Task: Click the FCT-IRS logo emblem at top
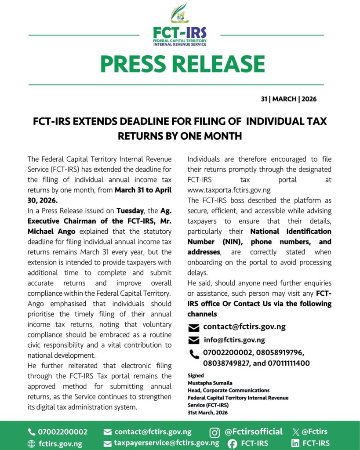pyautogui.click(x=179, y=13)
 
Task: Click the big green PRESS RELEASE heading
pyautogui.click(x=182, y=64)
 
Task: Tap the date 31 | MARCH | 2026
pyautogui.click(x=288, y=99)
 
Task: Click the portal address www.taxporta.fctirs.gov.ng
pyautogui.click(x=229, y=190)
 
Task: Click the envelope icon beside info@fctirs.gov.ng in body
pyautogui.click(x=193, y=340)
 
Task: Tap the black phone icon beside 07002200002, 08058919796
pyautogui.click(x=194, y=353)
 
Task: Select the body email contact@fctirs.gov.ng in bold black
pyautogui.click(x=244, y=327)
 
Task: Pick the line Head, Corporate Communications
pyautogui.click(x=229, y=390)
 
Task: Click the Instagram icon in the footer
pyautogui.click(x=215, y=432)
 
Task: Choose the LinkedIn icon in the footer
pyautogui.click(x=296, y=443)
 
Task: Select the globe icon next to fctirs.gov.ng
pyautogui.click(x=32, y=444)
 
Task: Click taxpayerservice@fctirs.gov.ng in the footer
pyautogui.click(x=167, y=443)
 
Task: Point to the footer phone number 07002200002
pyautogui.click(x=62, y=432)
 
